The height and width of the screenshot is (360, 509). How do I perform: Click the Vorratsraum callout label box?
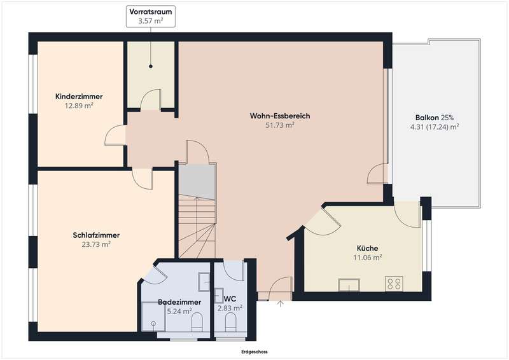(151, 17)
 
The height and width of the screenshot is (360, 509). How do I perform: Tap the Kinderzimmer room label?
(79, 97)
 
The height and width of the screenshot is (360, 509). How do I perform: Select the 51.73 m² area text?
(280, 125)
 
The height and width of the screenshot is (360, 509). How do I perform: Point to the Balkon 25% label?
(435, 118)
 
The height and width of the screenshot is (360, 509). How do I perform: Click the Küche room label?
(368, 248)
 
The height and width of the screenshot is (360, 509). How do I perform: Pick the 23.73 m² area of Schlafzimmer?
(96, 244)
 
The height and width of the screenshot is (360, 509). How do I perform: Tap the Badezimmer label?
(179, 302)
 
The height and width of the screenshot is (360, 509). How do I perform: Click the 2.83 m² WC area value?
(230, 308)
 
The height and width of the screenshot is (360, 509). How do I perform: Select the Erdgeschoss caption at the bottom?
(254, 352)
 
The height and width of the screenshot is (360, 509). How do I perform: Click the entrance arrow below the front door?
(281, 303)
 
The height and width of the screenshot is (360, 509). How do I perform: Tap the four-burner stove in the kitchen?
(394, 284)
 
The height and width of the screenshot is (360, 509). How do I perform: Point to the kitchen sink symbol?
(349, 285)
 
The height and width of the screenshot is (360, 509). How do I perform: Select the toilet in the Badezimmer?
(197, 322)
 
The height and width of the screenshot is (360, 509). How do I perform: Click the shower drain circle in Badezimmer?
(153, 323)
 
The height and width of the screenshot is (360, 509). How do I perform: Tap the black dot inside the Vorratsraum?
(151, 66)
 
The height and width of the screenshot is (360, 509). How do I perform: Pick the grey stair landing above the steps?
(197, 182)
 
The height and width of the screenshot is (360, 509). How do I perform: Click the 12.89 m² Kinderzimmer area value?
(79, 106)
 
